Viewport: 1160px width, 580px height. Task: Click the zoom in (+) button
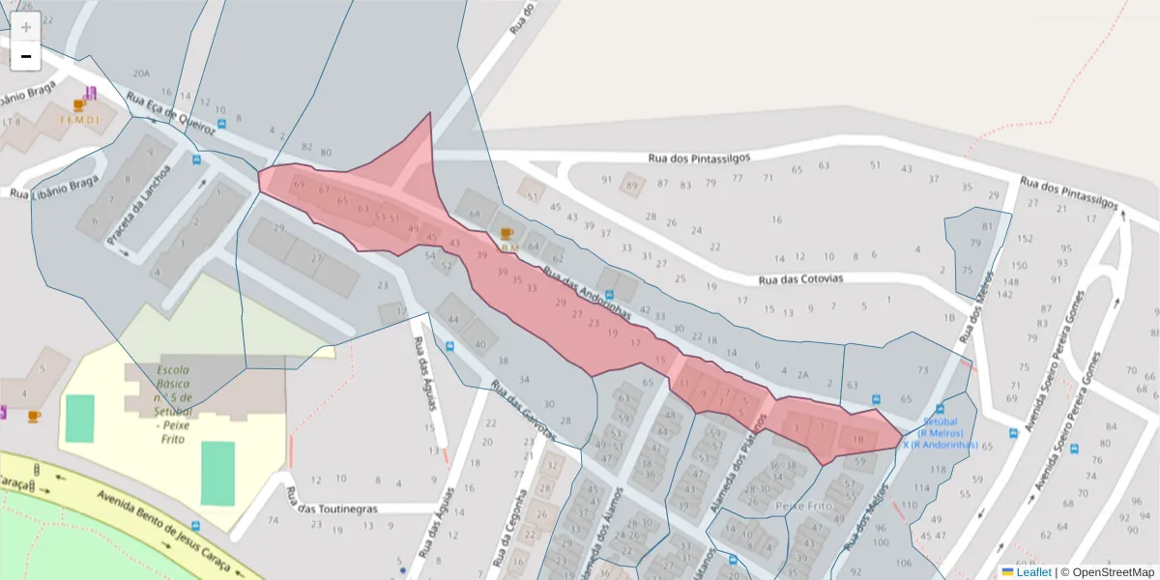[x=26, y=27]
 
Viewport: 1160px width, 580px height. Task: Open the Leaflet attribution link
[x=1033, y=572]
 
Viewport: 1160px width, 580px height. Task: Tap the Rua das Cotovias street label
[x=801, y=279]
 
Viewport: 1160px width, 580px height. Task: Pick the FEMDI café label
[x=79, y=120]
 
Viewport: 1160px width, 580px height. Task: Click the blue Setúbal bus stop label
[x=941, y=433]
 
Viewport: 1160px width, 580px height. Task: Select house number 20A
[x=141, y=73]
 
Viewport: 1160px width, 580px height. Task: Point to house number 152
[x=1025, y=239]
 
